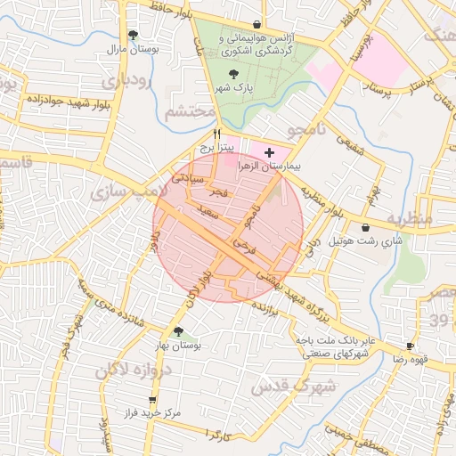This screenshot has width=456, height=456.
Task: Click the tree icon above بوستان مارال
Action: pyautogui.click(x=133, y=36)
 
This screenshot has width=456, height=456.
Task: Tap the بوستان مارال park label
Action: pyautogui.click(x=133, y=50)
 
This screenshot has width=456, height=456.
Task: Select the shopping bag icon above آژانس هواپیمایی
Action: pyautogui.click(x=257, y=25)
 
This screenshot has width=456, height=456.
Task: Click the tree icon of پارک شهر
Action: pyautogui.click(x=234, y=75)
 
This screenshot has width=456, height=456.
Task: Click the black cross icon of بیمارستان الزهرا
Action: pyautogui.click(x=270, y=153)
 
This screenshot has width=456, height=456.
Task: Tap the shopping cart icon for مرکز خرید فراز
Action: pyautogui.click(x=152, y=400)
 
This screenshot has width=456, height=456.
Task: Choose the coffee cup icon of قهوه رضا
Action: pyautogui.click(x=410, y=346)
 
